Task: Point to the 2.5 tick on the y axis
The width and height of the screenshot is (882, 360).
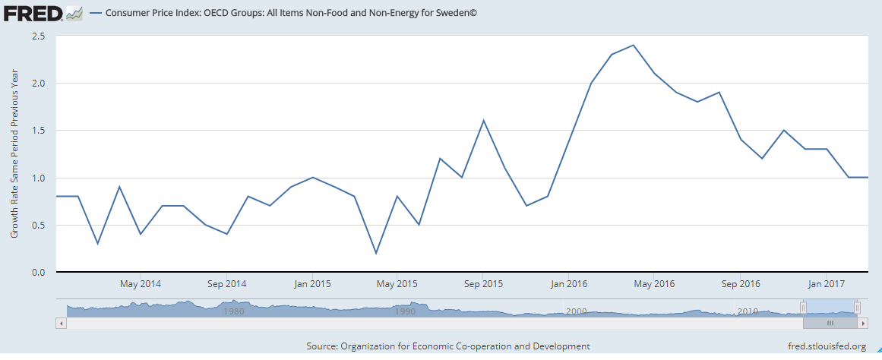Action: (x=37, y=36)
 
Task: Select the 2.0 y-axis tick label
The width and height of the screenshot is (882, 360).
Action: (x=37, y=83)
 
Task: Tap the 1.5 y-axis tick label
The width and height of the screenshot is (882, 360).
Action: (x=37, y=131)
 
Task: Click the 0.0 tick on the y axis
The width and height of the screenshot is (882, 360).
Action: (x=37, y=273)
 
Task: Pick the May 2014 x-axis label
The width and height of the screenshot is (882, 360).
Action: (x=140, y=284)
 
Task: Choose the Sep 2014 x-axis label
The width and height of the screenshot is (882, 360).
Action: (x=226, y=284)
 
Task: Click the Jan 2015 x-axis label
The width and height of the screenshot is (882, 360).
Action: (x=312, y=284)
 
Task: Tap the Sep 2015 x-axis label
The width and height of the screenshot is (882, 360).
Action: (x=483, y=284)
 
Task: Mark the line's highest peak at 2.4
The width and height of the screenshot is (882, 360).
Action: (x=633, y=45)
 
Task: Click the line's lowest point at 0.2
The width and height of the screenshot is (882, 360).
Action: (x=376, y=253)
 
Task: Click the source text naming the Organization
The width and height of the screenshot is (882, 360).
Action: (x=448, y=346)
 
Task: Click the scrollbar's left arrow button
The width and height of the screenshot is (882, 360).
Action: (x=62, y=323)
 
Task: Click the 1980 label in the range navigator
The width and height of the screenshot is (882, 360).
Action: (x=233, y=311)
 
